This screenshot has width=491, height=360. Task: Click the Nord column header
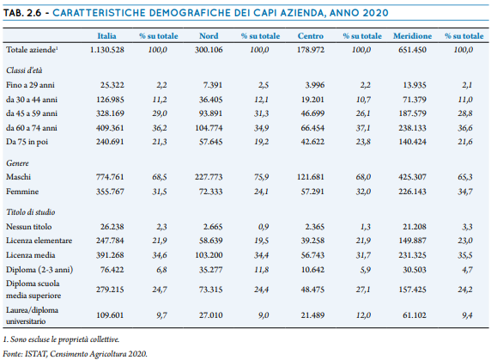click(x=209, y=36)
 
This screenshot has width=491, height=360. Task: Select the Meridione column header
click(x=412, y=36)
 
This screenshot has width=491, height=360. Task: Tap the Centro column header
click(x=311, y=36)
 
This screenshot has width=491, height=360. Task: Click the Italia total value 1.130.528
click(x=106, y=50)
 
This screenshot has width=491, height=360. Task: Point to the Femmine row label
click(x=22, y=192)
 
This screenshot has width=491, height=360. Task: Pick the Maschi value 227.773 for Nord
click(x=209, y=177)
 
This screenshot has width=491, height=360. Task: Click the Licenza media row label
click(x=31, y=255)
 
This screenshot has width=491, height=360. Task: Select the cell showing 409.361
click(x=110, y=128)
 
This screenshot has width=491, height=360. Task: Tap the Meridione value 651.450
click(x=412, y=50)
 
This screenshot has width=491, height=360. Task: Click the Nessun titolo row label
click(x=29, y=227)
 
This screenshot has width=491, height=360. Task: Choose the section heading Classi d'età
click(x=24, y=70)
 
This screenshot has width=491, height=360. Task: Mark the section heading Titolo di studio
click(x=31, y=212)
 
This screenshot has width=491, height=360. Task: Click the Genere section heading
click(x=17, y=163)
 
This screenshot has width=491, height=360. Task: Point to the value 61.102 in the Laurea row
click(x=415, y=315)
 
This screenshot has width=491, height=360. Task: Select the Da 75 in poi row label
click(x=27, y=142)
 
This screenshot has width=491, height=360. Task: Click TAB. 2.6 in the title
click(x=22, y=13)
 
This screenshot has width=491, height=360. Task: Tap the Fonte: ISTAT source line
click(x=76, y=354)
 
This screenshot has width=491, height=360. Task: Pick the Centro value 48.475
click(x=312, y=290)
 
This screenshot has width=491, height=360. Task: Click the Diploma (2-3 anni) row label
click(x=39, y=270)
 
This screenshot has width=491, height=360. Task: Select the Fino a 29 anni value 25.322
click(x=112, y=85)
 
